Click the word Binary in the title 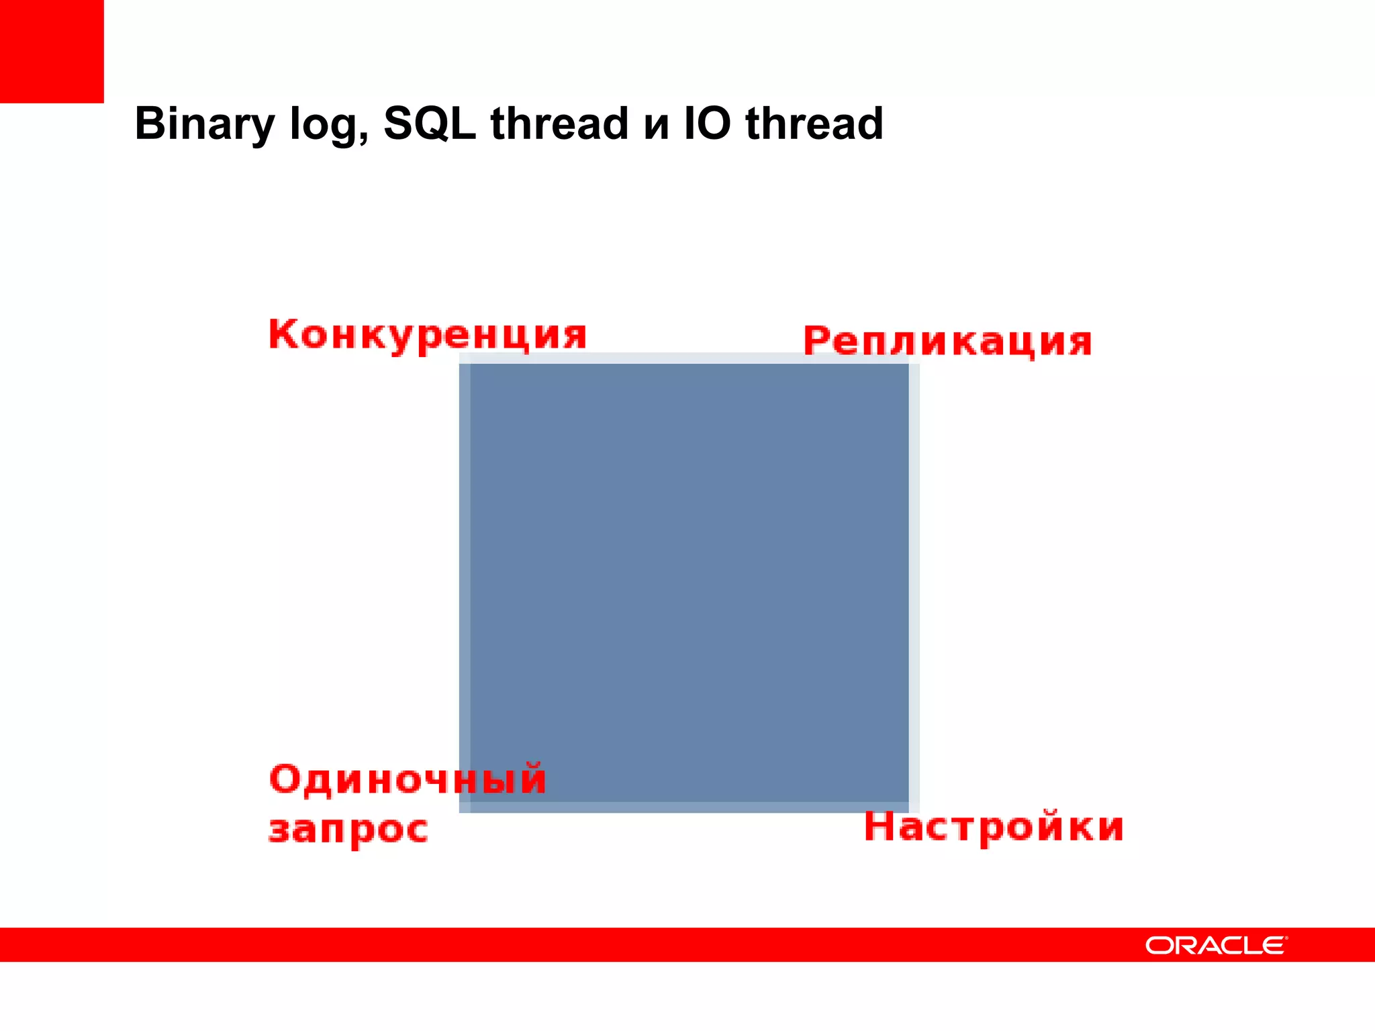204,124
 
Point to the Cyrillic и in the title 656,127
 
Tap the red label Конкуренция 428,335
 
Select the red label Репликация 947,341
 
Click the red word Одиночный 408,779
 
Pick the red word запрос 348,830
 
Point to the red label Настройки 994,826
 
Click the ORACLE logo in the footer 1216,946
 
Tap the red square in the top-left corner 52,51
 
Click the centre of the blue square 689,583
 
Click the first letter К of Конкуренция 283,334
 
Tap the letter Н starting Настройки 879,826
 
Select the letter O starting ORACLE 1159,946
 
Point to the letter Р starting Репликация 818,340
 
